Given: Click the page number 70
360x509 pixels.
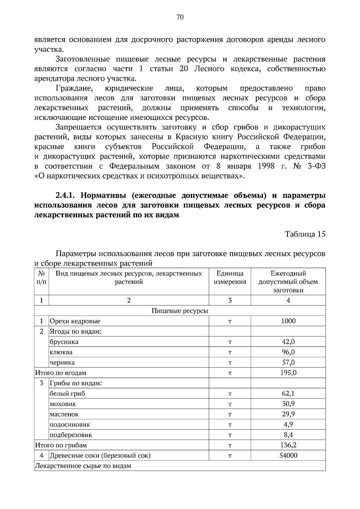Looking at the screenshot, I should click(x=180, y=17).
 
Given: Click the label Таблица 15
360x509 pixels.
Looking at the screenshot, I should click(x=305, y=234).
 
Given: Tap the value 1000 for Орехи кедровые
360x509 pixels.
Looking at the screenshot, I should click(x=288, y=321).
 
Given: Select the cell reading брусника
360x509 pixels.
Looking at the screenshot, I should click(x=64, y=342).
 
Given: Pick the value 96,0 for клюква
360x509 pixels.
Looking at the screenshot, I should click(x=288, y=352).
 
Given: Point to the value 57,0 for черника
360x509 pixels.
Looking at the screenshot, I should click(x=288, y=362).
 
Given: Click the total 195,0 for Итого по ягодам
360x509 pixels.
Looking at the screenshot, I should click(x=288, y=373).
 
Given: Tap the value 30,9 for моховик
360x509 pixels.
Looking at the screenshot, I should click(x=288, y=404).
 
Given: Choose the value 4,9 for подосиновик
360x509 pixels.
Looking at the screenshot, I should click(x=288, y=424).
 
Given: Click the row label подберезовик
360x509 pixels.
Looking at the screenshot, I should click(x=71, y=435).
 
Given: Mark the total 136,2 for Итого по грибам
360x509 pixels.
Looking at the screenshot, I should click(x=288, y=445).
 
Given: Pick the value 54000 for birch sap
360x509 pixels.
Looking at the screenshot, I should click(x=288, y=456).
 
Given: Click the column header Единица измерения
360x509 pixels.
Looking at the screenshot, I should click(x=230, y=278).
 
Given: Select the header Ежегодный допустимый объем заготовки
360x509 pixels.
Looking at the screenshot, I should click(x=288, y=282).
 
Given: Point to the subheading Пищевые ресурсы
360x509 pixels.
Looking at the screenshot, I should click(x=180, y=311).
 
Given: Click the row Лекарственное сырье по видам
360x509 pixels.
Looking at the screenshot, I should click(x=83, y=466).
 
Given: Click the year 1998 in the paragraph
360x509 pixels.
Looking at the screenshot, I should click(x=266, y=166).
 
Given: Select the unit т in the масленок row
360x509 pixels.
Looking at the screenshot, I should click(x=230, y=414).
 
